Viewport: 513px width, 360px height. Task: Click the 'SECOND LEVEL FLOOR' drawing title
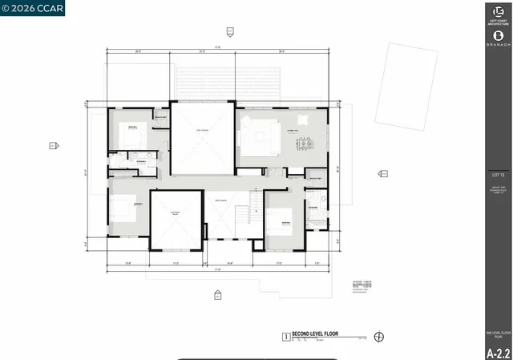point(315,333)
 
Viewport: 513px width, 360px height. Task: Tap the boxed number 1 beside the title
point(285,337)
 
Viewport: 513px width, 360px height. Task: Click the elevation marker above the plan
point(229,32)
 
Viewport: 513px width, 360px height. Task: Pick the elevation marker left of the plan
point(54,145)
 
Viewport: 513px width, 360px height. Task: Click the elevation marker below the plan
point(217,295)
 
